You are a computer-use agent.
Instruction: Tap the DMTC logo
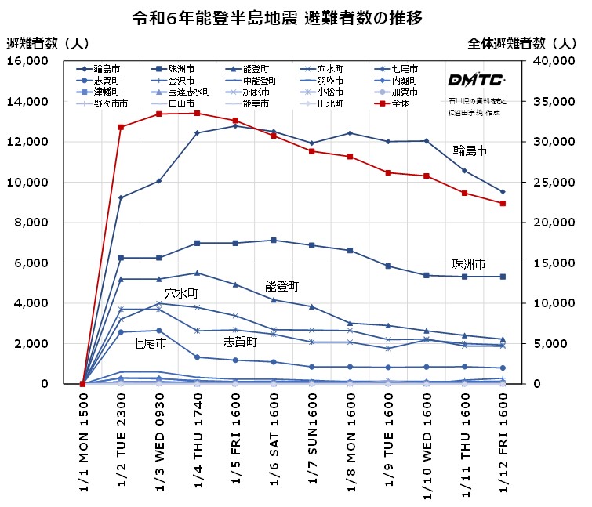(476, 80)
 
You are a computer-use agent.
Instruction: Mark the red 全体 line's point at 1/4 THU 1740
(197, 113)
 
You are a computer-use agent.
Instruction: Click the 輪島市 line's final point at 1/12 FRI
(502, 191)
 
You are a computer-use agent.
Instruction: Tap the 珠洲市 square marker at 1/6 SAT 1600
(273, 240)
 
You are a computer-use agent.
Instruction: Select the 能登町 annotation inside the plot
(281, 287)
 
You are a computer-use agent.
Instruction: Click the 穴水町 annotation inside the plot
(180, 293)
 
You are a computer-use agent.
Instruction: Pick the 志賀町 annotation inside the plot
(240, 342)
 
